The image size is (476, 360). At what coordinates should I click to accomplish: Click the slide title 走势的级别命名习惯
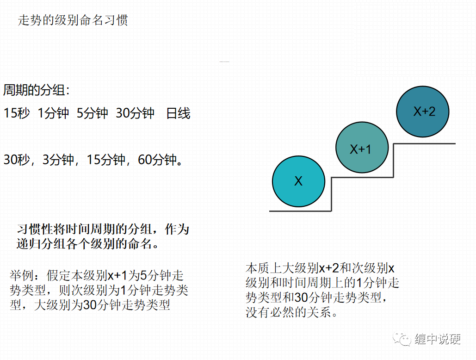tap(73, 20)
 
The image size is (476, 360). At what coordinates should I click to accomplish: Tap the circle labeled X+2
tap(423, 112)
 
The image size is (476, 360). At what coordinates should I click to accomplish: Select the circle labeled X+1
tap(362, 148)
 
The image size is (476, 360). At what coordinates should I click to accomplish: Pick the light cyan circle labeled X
tap(299, 181)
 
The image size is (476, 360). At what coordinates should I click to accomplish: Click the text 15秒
tap(17, 113)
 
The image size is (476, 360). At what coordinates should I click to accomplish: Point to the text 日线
tap(178, 113)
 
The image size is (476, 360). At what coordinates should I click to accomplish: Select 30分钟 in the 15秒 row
tap(135, 113)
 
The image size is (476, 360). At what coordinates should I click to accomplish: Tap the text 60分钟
tap(157, 160)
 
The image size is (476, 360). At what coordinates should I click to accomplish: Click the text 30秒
tap(17, 160)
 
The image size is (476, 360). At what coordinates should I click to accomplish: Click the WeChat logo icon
tap(402, 338)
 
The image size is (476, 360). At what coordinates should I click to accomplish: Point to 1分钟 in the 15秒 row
tap(54, 113)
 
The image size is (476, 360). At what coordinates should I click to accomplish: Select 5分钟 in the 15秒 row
tap(93, 113)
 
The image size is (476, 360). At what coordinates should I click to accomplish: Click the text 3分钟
tap(58, 160)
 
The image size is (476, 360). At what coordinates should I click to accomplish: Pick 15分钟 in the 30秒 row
tap(106, 160)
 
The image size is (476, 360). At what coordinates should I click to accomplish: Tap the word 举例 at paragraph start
tap(22, 276)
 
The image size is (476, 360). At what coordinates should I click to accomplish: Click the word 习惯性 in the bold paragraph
tap(35, 229)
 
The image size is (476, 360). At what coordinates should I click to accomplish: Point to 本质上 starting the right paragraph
tap(264, 268)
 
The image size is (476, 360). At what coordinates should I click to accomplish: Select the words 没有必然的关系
tap(288, 312)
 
